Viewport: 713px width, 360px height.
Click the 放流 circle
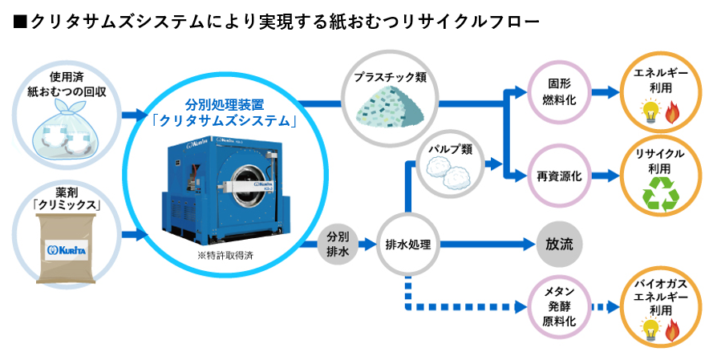pos(559,244)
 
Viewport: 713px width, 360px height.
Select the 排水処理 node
pos(408,244)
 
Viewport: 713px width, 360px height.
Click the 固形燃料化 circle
pos(559,91)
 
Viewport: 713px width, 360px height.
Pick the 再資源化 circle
pos(559,174)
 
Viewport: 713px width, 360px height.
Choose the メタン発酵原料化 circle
pos(559,306)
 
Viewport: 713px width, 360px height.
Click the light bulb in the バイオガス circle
pos(647,328)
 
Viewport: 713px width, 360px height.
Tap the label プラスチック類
pos(390,77)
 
